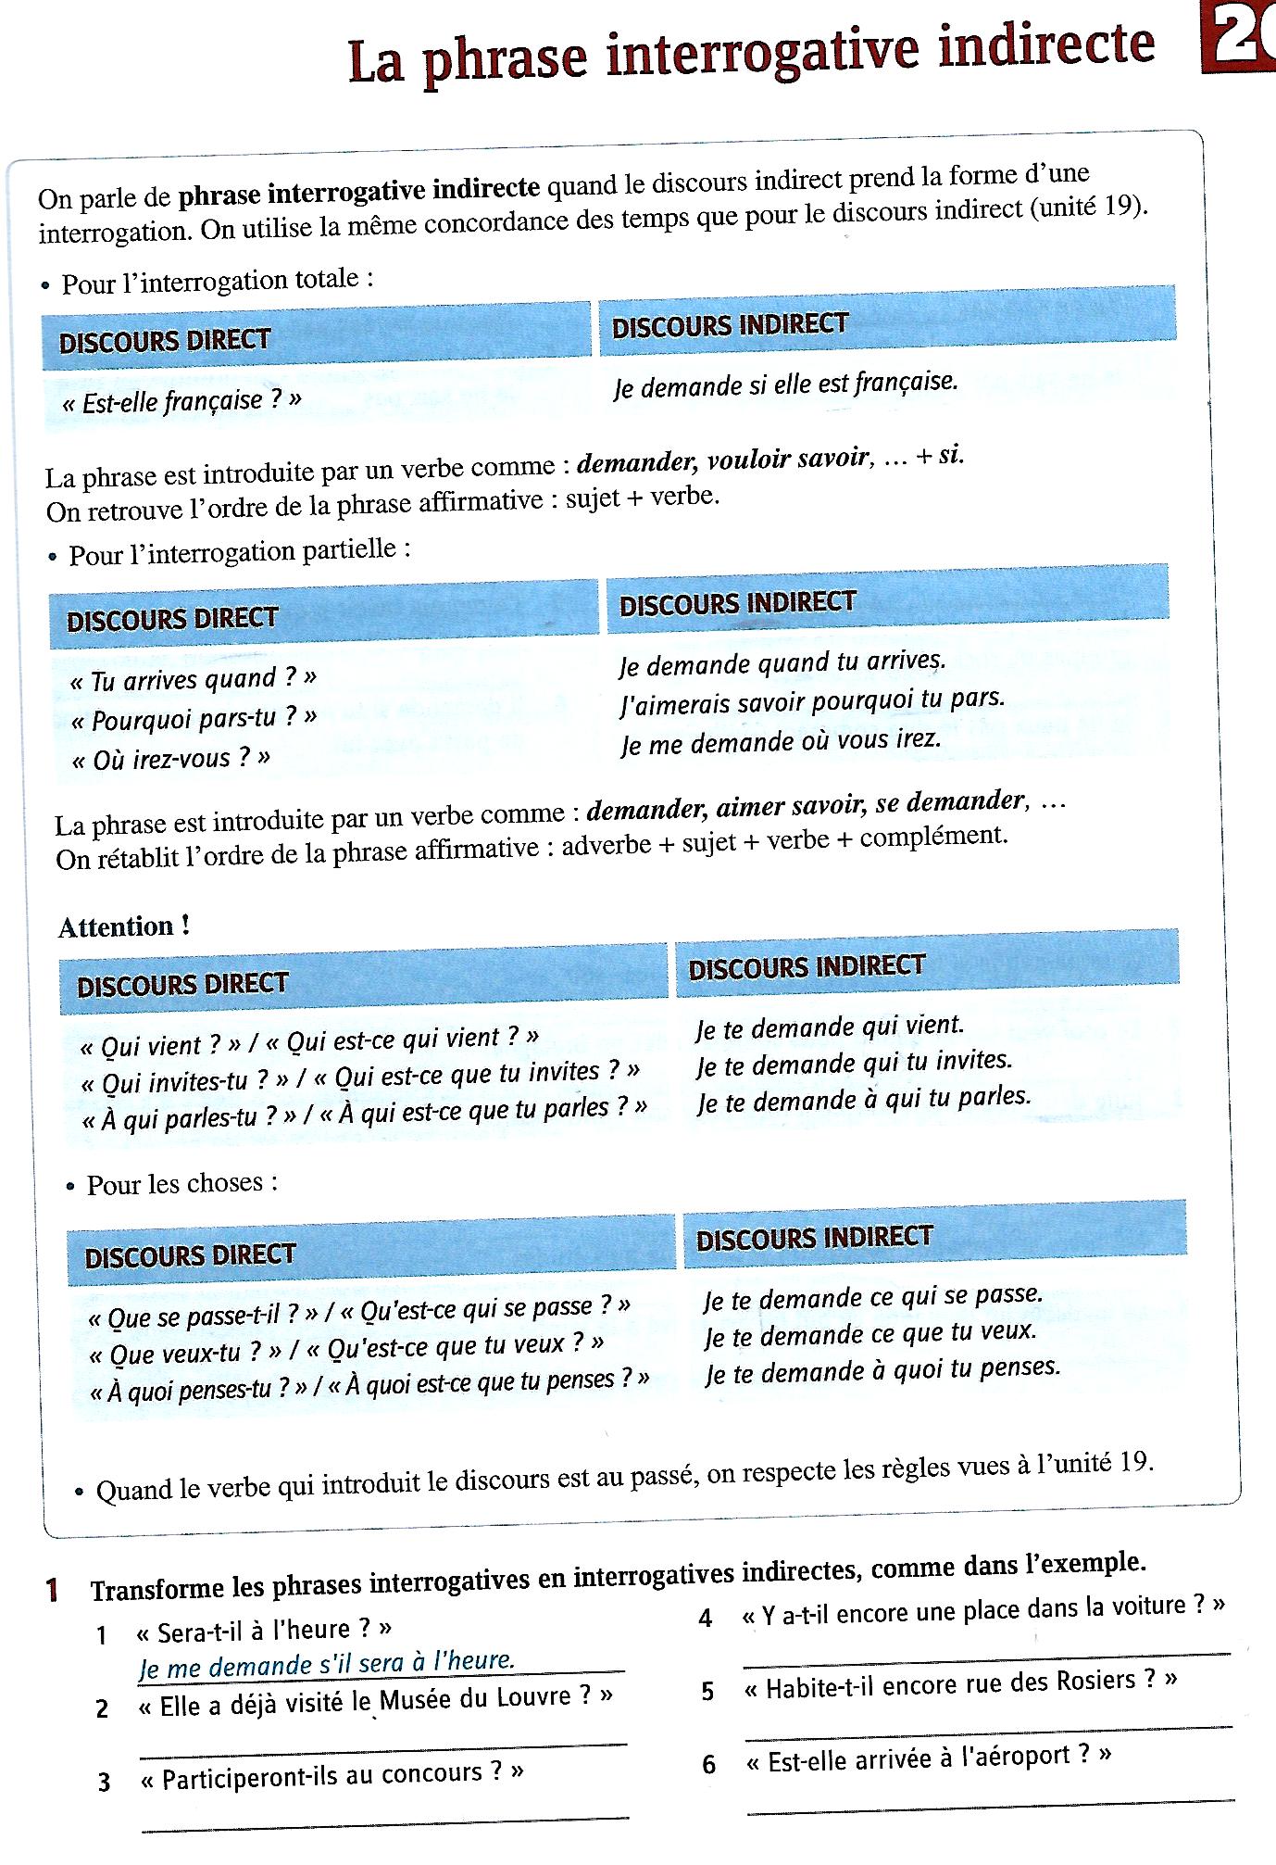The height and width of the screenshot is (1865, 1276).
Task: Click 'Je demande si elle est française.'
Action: (784, 383)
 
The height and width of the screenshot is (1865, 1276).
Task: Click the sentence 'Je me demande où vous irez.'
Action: (781, 741)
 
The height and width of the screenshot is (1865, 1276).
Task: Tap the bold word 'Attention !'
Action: (124, 926)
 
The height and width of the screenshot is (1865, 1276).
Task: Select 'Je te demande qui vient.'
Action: (830, 1026)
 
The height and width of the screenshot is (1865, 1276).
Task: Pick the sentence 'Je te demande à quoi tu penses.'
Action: (882, 1369)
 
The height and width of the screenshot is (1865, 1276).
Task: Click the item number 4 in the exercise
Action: (706, 1619)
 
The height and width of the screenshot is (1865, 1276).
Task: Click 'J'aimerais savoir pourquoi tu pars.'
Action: (811, 701)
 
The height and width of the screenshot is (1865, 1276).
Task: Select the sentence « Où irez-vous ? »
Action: (171, 759)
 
